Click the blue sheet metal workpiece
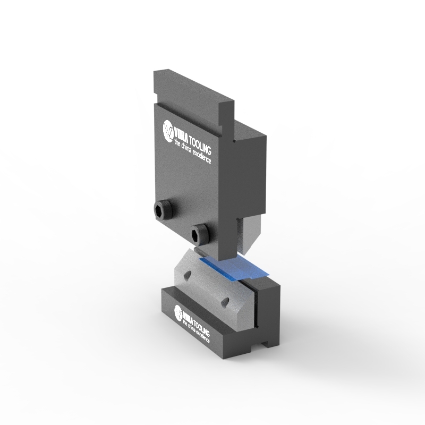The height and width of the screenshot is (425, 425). tap(234, 268)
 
